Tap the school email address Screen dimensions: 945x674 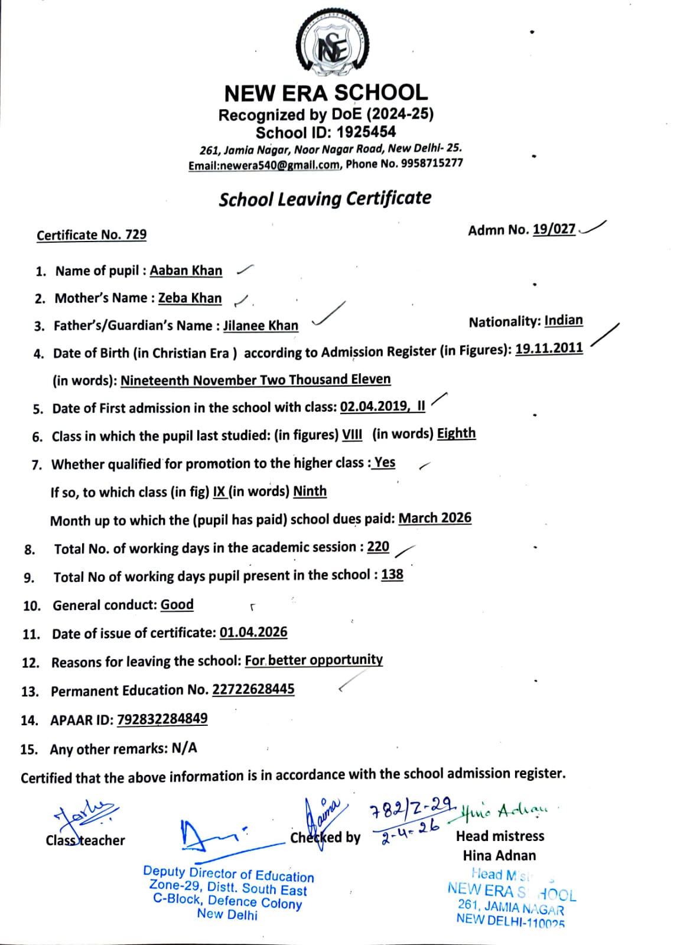(x=263, y=166)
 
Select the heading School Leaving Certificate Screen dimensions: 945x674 (x=325, y=198)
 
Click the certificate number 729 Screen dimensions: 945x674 (x=136, y=234)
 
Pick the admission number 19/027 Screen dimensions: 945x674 (x=553, y=229)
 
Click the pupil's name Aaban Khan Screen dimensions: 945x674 (x=185, y=271)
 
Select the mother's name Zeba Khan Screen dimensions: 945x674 (x=190, y=298)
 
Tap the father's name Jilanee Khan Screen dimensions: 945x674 (x=261, y=325)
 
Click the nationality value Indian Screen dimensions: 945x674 (x=563, y=321)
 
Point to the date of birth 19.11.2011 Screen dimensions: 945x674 (x=549, y=348)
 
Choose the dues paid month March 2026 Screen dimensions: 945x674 (x=435, y=518)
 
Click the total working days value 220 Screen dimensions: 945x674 (x=378, y=546)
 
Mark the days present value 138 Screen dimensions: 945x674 (x=392, y=574)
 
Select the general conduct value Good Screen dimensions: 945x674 (x=177, y=605)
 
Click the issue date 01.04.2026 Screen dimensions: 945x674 (x=253, y=632)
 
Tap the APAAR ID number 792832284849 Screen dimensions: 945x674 (x=162, y=719)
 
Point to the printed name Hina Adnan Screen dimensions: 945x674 (x=499, y=855)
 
